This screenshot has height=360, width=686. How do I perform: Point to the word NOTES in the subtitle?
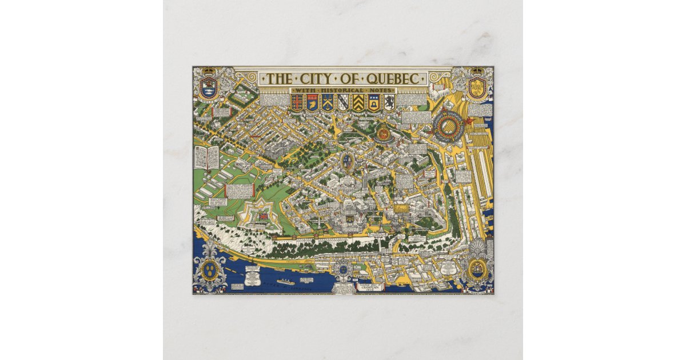tap(377, 91)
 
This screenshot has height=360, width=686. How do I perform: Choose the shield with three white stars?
tap(328, 102)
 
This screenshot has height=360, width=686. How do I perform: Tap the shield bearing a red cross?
tap(297, 102)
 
